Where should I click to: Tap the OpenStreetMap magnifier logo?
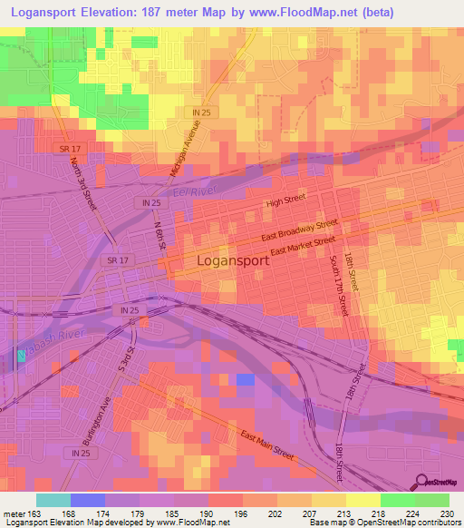coord(420,482)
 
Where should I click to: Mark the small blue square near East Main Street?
coord(245,379)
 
